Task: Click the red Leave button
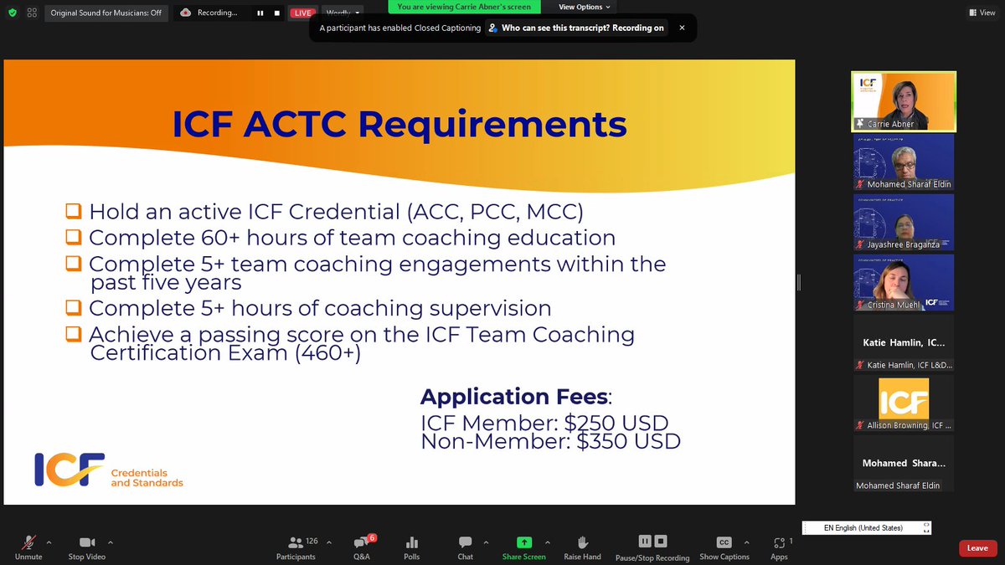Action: click(977, 548)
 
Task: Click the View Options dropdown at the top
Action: click(585, 7)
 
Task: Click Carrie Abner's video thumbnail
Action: click(904, 101)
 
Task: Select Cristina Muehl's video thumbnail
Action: click(904, 282)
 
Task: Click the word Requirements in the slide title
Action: click(492, 125)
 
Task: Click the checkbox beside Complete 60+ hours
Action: click(75, 237)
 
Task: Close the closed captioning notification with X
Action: click(682, 28)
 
